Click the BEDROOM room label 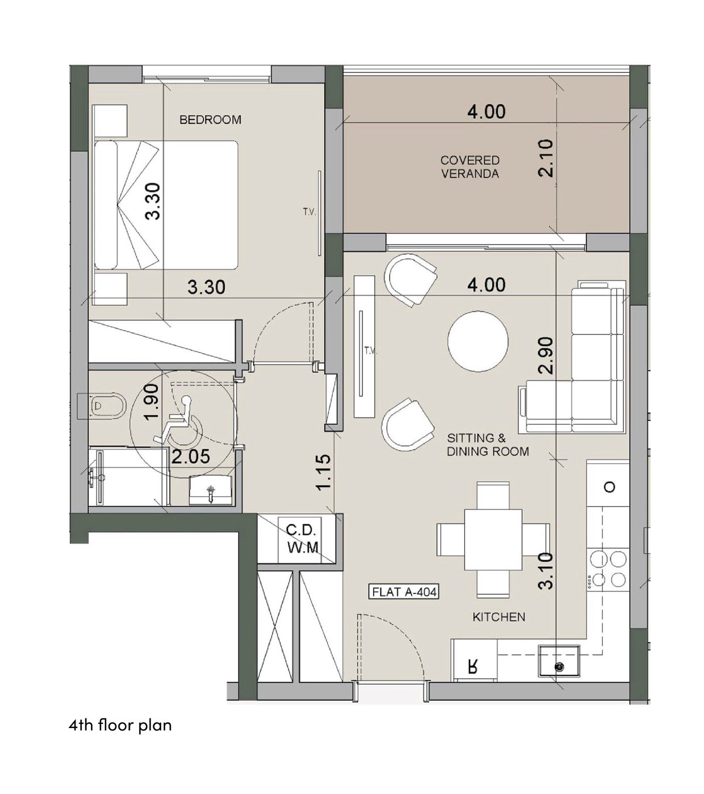(x=210, y=120)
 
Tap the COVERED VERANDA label (x=470, y=166)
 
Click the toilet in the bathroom (x=103, y=405)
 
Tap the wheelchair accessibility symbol (x=178, y=421)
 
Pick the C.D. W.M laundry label (x=303, y=539)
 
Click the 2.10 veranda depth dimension (x=546, y=158)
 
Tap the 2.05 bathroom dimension (x=191, y=457)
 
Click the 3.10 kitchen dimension (x=546, y=571)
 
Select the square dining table (x=493, y=539)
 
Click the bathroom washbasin (x=211, y=490)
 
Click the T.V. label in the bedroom (x=309, y=212)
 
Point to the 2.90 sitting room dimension (x=546, y=355)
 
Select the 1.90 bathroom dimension (x=152, y=402)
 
